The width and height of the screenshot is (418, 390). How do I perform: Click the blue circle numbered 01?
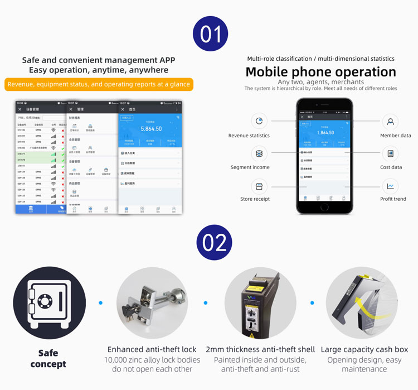pyautogui.click(x=210, y=34)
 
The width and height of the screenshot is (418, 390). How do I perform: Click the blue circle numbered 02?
pyautogui.click(x=214, y=243)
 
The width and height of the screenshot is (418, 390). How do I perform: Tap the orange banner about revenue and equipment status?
pyautogui.click(x=99, y=85)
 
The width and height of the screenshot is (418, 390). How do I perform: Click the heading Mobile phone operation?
pyautogui.click(x=320, y=72)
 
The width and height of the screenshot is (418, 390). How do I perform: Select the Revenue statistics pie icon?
pyautogui.click(x=259, y=122)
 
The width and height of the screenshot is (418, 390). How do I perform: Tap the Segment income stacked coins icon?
pyautogui.click(x=259, y=153)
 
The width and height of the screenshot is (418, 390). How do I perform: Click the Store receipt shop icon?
pyautogui.click(x=259, y=186)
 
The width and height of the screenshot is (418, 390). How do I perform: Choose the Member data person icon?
pyautogui.click(x=391, y=122)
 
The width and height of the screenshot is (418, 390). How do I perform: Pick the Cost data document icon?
pyautogui.click(x=391, y=153)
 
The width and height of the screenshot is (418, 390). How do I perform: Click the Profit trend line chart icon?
pyautogui.click(x=391, y=186)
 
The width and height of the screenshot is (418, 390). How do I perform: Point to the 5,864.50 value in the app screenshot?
pyautogui.click(x=151, y=129)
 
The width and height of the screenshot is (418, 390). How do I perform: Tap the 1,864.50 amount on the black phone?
pyautogui.click(x=325, y=132)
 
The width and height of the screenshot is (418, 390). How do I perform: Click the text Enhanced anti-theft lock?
pyautogui.click(x=152, y=349)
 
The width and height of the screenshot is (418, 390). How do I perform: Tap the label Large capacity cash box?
pyautogui.click(x=364, y=349)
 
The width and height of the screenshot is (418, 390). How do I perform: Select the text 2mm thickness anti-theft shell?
pyautogui.click(x=260, y=349)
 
